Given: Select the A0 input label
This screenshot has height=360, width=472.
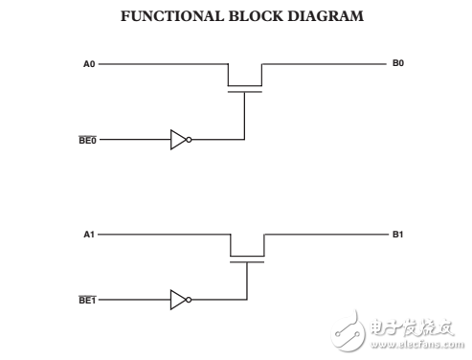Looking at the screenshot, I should pyautogui.click(x=89, y=64).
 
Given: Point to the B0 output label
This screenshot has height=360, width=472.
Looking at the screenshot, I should pyautogui.click(x=398, y=63).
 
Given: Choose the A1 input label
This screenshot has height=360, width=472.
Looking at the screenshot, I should pyautogui.click(x=89, y=234).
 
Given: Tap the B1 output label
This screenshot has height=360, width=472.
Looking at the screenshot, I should pyautogui.click(x=398, y=233).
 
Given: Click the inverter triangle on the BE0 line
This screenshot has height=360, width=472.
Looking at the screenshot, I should pyautogui.click(x=177, y=139).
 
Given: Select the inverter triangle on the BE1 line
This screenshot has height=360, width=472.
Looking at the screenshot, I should pyautogui.click(x=177, y=300).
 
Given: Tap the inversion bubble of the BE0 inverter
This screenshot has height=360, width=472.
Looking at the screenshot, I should pyautogui.click(x=189, y=139).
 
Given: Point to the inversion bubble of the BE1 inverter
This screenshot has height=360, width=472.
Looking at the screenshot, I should pyautogui.click(x=189, y=300).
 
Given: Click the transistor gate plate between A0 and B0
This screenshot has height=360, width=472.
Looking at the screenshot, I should pyautogui.click(x=245, y=91).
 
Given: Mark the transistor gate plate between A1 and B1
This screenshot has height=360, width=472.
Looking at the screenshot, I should pyautogui.click(x=246, y=260).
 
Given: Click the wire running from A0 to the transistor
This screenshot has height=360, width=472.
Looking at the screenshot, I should pyautogui.click(x=163, y=64).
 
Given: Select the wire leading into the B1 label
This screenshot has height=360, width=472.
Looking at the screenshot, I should pyautogui.click(x=326, y=234).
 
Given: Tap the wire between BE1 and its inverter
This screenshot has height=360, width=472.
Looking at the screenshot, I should pyautogui.click(x=134, y=300).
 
